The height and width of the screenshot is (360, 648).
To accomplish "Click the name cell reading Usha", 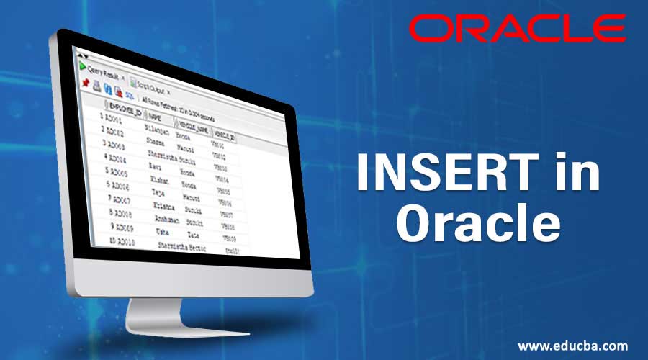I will point(164,232).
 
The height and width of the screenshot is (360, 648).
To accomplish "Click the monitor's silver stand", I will point(158,317).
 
